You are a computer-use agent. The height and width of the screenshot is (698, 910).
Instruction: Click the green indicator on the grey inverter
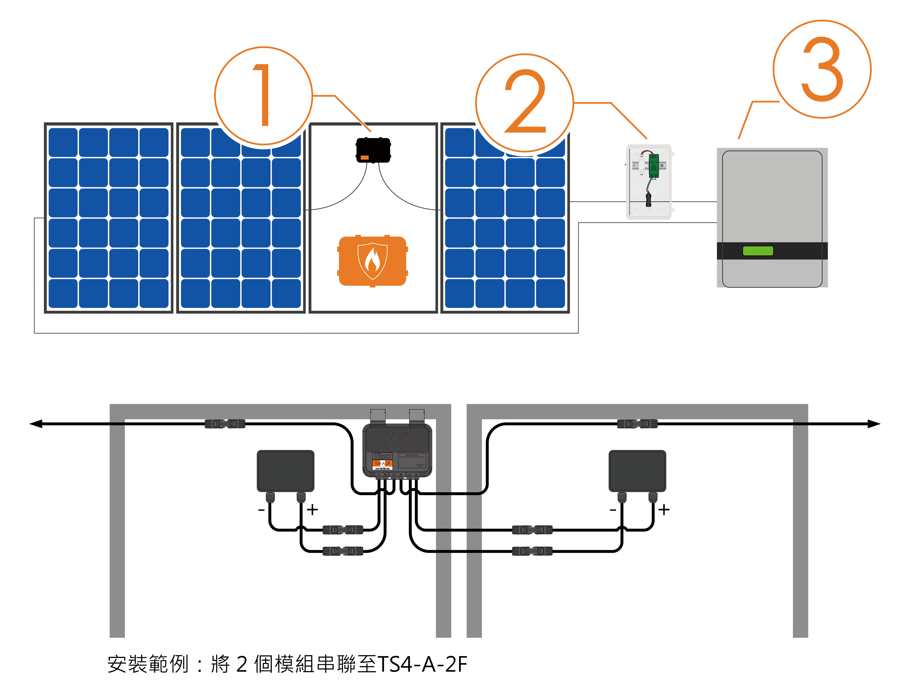(758, 251)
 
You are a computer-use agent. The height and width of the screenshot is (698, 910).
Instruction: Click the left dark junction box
(285, 471)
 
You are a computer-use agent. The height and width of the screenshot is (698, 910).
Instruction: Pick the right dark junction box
(637, 471)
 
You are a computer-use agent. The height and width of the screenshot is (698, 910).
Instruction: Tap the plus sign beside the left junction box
(312, 509)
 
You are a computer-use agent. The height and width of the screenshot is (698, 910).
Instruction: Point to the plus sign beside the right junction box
(664, 509)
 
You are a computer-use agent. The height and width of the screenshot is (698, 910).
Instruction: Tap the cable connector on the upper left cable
(225, 424)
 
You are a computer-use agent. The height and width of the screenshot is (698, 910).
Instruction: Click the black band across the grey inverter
(772, 251)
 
